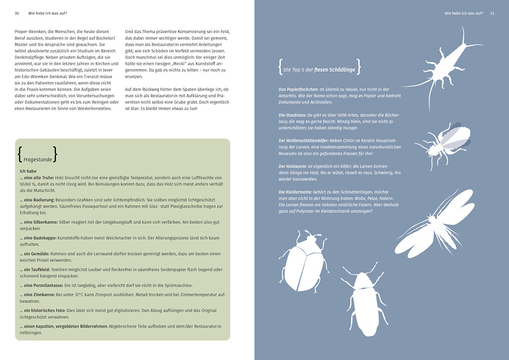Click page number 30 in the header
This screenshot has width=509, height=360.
[x=17, y=13]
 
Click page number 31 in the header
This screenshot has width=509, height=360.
[x=492, y=13]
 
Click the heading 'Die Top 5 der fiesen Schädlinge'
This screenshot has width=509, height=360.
[x=319, y=70]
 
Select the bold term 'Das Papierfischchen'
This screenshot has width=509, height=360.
[x=299, y=89]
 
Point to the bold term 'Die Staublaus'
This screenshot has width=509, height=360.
[x=292, y=115]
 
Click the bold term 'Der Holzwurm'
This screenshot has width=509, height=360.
[x=293, y=166]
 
